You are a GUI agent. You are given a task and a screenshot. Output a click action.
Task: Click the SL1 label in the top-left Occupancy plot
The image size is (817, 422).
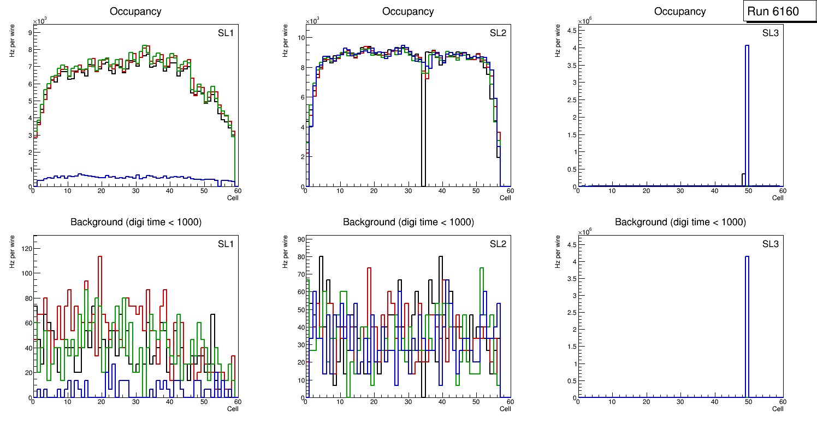tap(225, 33)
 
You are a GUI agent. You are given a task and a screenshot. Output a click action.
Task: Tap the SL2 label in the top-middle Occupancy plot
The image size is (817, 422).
tap(498, 33)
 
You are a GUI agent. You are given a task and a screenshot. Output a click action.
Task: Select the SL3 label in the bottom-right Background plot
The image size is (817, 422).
tap(770, 243)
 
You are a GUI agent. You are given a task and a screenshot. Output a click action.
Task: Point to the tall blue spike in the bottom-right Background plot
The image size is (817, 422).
tap(747, 328)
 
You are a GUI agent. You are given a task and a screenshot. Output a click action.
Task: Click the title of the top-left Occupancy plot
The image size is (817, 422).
tap(135, 11)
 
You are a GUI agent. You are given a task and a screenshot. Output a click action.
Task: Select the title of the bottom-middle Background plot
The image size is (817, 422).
tap(408, 222)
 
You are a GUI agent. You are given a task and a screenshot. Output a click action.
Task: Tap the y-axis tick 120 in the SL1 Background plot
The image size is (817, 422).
tap(25, 248)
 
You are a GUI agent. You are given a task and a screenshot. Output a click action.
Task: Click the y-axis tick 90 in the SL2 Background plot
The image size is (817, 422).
tap(300, 239)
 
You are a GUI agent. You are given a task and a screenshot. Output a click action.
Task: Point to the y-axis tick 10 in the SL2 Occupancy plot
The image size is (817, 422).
tap(299, 38)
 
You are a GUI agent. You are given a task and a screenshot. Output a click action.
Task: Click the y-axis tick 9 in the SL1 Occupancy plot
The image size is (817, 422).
tap(28, 32)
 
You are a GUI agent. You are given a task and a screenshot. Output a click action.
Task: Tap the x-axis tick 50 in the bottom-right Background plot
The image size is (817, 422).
tap(749, 402)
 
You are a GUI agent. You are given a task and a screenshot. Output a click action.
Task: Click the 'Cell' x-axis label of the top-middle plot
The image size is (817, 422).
tap(505, 198)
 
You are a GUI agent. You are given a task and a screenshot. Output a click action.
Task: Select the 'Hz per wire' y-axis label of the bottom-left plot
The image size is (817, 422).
tap(12, 251)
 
